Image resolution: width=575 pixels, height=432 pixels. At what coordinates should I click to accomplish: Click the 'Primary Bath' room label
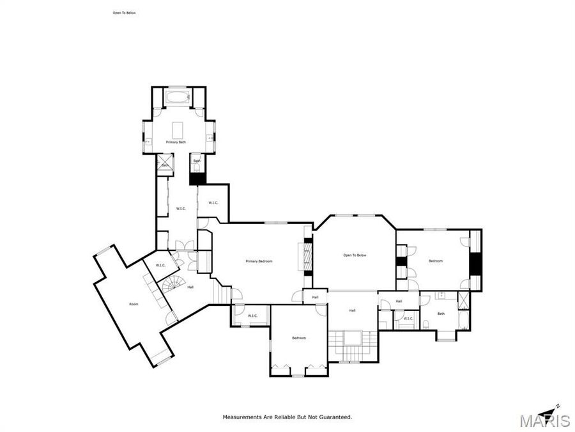click(176, 142)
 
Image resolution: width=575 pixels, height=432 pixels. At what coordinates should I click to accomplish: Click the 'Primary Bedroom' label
click(259, 261)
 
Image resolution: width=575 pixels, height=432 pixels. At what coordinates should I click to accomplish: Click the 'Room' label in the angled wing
click(134, 304)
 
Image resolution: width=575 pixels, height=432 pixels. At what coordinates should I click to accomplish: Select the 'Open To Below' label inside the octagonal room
click(355, 255)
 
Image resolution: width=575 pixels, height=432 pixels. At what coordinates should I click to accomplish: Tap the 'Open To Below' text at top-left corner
click(124, 13)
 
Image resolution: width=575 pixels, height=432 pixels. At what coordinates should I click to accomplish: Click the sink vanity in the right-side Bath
click(441, 296)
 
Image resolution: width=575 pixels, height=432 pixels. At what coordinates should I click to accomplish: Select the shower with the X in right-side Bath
click(463, 300)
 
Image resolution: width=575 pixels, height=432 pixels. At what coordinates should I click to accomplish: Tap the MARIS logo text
click(544, 420)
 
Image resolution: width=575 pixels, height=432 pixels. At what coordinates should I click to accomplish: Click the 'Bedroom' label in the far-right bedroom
click(436, 261)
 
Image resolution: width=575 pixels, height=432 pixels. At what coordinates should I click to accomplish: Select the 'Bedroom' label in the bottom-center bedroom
click(299, 338)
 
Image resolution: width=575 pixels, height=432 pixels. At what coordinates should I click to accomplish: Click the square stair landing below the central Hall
click(350, 338)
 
